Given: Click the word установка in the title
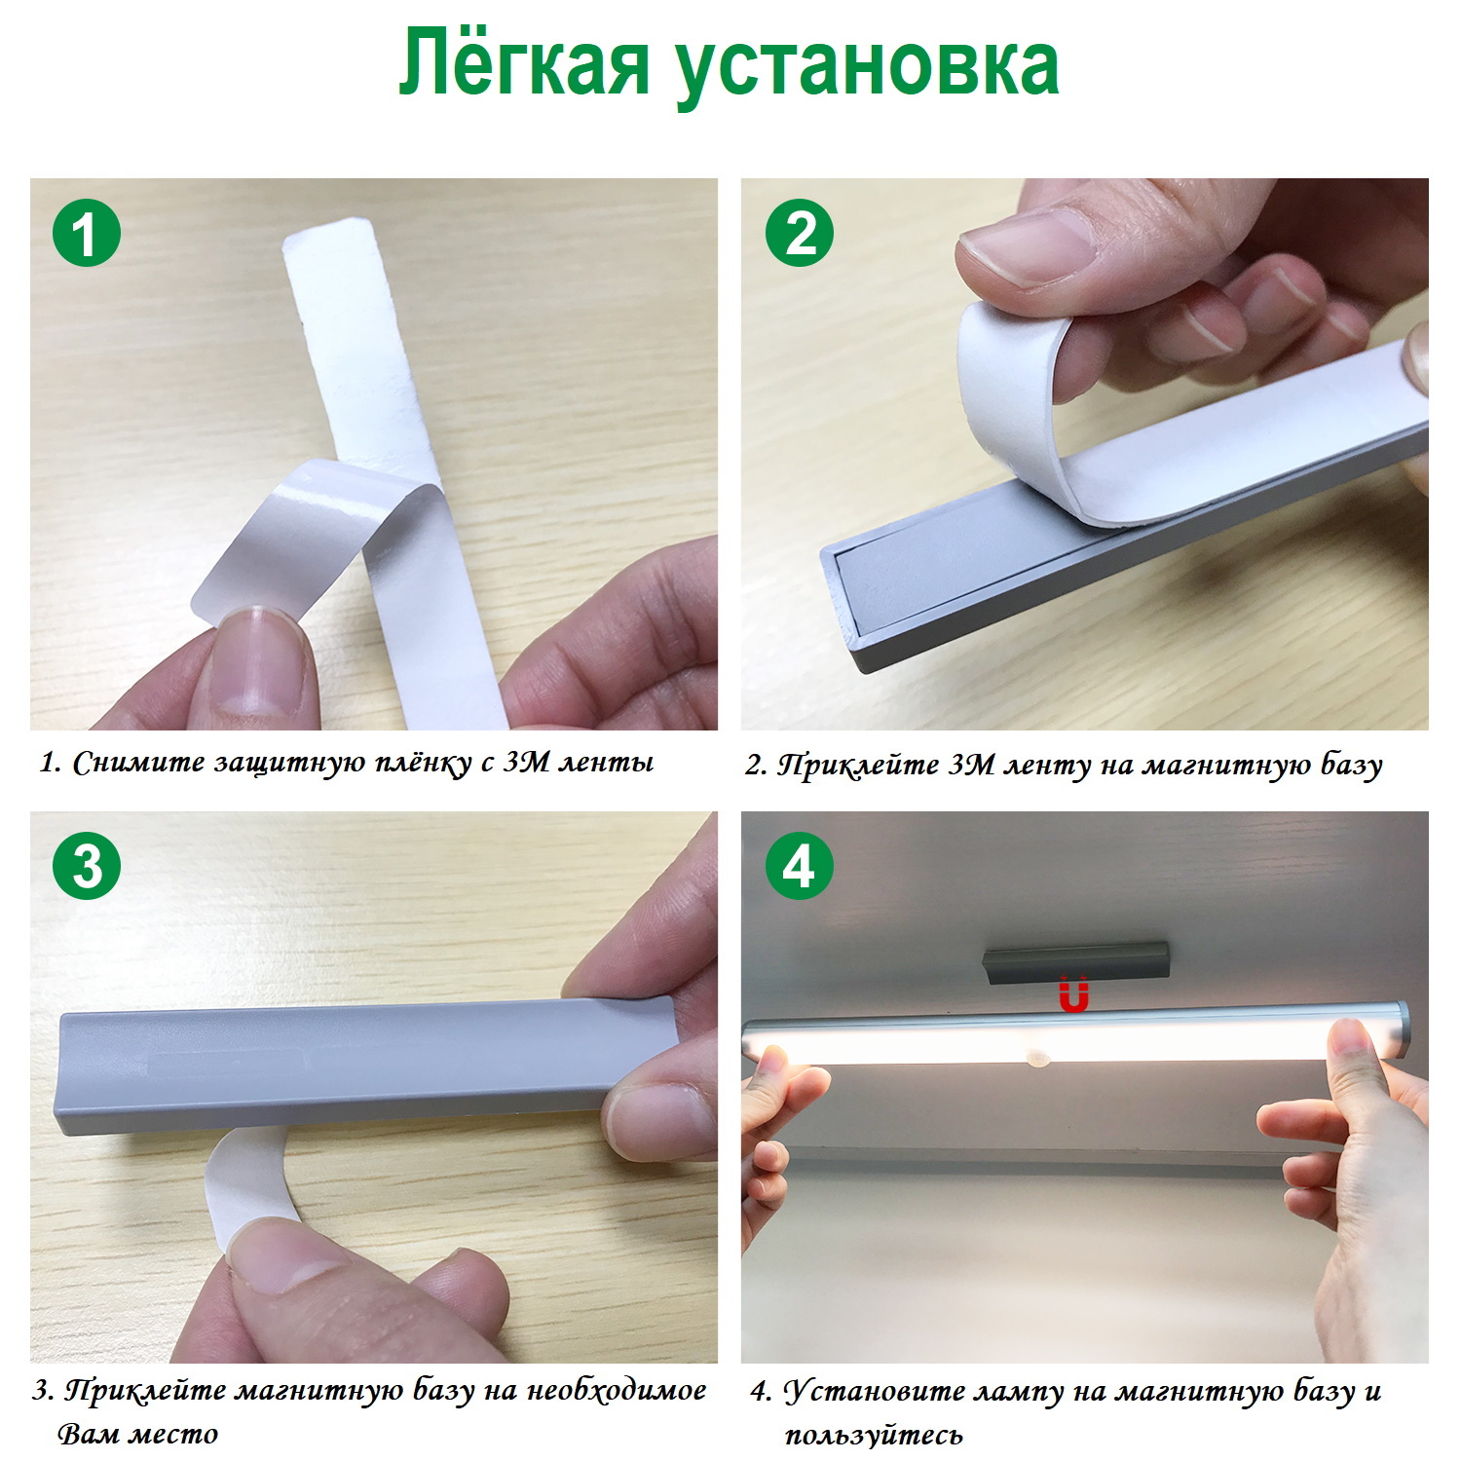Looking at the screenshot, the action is [x=868, y=70].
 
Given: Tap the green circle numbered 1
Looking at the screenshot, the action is [x=87, y=234].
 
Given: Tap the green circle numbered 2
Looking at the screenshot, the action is [x=800, y=234].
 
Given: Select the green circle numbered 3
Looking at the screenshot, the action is [x=87, y=865].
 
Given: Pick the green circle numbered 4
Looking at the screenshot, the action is [x=800, y=865].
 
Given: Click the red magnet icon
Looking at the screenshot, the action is [x=1073, y=995].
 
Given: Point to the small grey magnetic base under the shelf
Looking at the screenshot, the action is [x=1075, y=962].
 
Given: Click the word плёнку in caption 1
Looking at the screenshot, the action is [x=421, y=762].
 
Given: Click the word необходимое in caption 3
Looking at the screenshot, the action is [x=617, y=1390].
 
